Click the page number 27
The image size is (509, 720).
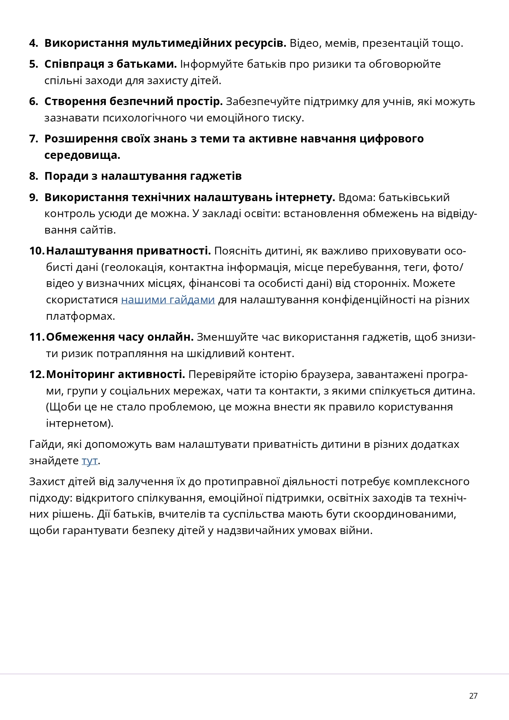473,696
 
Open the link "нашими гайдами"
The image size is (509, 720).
168,300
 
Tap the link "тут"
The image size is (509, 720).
89,461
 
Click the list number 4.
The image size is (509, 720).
33,43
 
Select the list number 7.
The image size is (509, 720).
33,139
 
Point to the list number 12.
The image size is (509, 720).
37,374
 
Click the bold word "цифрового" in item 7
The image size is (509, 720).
391,139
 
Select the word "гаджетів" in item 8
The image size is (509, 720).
216,176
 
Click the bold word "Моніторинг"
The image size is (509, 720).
80,374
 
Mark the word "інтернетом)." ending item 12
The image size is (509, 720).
80,423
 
